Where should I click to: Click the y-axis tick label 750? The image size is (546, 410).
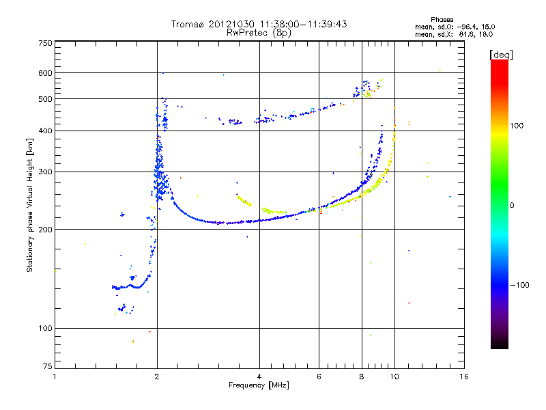coord(45,43)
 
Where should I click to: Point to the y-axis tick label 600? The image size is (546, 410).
coord(45,73)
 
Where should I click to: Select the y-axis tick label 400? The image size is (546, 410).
coord(45,131)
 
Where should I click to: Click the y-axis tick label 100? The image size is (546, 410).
coord(45,329)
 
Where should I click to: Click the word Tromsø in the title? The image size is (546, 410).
coord(187,24)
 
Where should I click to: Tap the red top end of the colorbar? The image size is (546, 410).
coord(499,63)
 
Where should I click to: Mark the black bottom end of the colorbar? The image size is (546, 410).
coord(499,346)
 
